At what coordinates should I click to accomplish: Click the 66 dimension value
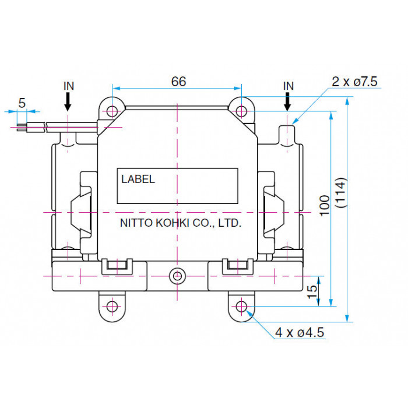pos(178,82)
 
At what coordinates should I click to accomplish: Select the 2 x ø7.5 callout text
pos(354,82)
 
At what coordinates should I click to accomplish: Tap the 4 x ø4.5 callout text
pos(300,332)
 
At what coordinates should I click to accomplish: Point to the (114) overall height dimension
pos(341,192)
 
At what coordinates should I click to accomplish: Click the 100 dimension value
pos(325,206)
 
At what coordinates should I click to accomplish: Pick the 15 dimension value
pos(312,291)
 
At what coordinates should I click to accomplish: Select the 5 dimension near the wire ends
pos(22,103)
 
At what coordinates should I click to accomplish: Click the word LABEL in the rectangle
pos(138,179)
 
